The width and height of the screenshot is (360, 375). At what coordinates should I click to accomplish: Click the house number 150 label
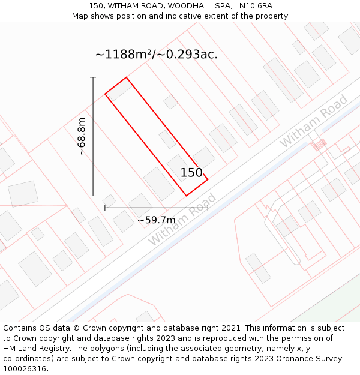pyautogui.click(x=191, y=173)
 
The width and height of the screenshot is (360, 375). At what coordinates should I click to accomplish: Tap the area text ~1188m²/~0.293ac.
pyautogui.click(x=156, y=55)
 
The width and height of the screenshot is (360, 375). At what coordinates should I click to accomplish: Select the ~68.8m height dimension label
pyautogui.click(x=82, y=136)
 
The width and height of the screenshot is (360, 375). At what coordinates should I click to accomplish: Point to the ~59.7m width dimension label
pyautogui.click(x=157, y=220)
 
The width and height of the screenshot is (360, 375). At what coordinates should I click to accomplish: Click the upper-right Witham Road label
pyautogui.click(x=313, y=121)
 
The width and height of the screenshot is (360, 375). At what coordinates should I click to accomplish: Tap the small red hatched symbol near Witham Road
pyautogui.click(x=319, y=144)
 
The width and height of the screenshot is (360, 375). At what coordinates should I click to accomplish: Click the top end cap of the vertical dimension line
pyautogui.click(x=93, y=77)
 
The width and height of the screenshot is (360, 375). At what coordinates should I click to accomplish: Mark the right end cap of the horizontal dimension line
pyautogui.click(x=208, y=208)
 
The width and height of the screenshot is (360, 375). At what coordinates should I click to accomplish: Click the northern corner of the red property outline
pyautogui.click(x=126, y=77)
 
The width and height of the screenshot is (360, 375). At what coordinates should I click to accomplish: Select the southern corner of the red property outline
pyautogui.click(x=187, y=196)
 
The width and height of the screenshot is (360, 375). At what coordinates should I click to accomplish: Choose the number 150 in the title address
pyautogui.click(x=96, y=6)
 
